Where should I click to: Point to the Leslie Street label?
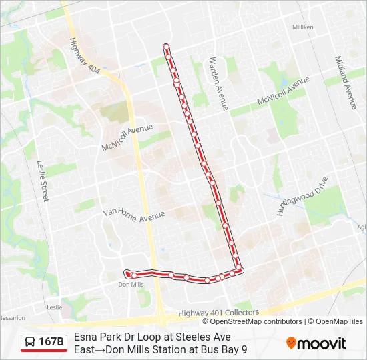[x=43, y=180]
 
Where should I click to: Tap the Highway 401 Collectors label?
[x=218, y=313]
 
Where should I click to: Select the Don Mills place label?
[x=131, y=285]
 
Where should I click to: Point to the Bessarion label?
[x=12, y=318]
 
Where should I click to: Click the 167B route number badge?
[x=51, y=343]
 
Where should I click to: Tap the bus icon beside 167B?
[x=30, y=343]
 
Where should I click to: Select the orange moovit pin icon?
[x=291, y=343]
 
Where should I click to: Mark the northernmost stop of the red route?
[x=166, y=47]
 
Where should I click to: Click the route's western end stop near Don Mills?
[x=127, y=272]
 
